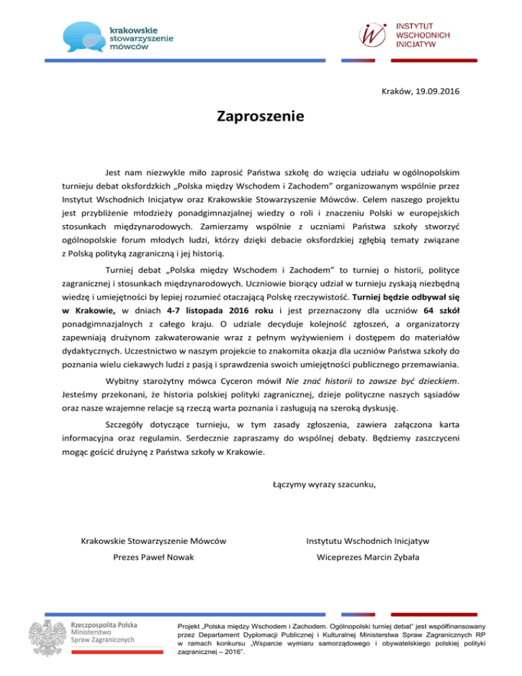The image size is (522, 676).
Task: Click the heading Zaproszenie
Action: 261,116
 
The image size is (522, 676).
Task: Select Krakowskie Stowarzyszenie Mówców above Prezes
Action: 153,541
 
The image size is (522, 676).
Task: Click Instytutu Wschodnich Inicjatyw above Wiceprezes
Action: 368,541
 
